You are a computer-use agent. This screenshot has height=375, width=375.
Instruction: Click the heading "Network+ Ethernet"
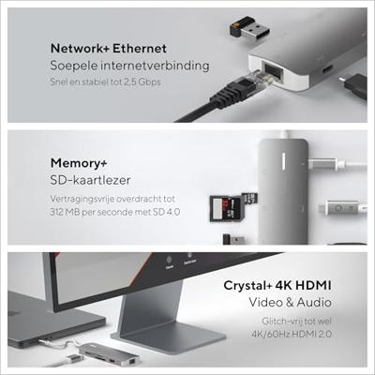(109, 49)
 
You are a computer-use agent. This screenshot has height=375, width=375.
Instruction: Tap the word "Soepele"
(70, 66)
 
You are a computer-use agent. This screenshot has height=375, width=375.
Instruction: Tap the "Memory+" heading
(79, 163)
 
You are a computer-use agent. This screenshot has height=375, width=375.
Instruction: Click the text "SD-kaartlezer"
(90, 180)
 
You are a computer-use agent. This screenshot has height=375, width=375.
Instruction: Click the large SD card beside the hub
(225, 208)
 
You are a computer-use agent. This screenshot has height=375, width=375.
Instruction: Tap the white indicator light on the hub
(284, 161)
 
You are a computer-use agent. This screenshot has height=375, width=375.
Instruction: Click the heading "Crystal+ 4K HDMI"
(277, 285)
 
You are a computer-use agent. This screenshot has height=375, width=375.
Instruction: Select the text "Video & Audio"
(290, 302)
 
